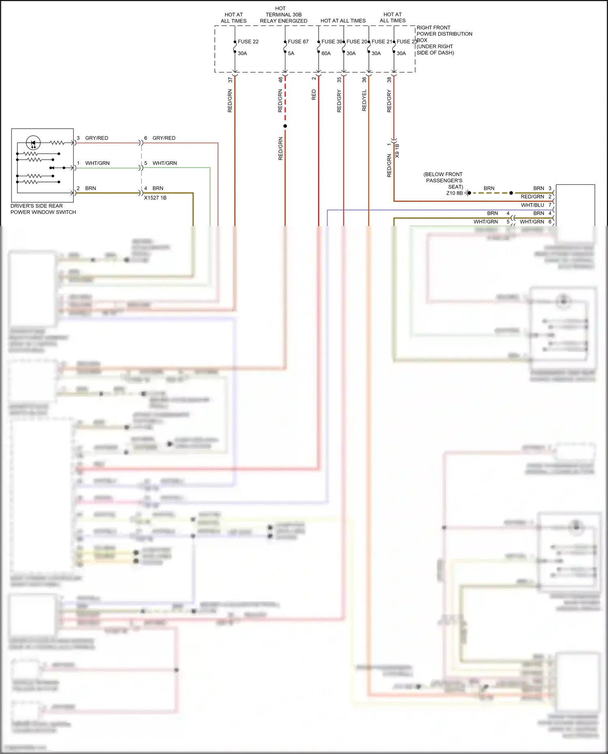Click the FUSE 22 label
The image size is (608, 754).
coord(248,42)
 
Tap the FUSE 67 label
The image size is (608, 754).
coord(298,42)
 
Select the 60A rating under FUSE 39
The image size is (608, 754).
coord(326,53)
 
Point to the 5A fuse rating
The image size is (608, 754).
coord(291,53)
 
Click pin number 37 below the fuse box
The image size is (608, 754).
coord(230,80)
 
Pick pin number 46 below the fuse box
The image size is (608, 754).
coord(280,80)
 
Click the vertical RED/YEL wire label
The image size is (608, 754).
coord(364,100)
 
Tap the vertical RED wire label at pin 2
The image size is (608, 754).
coord(314,95)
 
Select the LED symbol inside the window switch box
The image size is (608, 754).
coord(33,143)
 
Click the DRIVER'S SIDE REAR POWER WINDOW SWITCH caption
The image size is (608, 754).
coord(43,209)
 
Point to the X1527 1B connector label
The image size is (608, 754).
coord(155,198)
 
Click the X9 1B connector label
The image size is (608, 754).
coord(397,151)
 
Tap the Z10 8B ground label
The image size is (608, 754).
coord(454,193)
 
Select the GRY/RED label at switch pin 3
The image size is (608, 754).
coord(96,138)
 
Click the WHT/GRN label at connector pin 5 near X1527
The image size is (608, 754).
coord(165,163)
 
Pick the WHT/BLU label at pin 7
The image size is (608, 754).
coord(532,205)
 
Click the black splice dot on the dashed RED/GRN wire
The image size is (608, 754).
coord(285,126)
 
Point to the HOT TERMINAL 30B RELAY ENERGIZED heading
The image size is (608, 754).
coord(283,15)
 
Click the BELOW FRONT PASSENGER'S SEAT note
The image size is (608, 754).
coord(443,180)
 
